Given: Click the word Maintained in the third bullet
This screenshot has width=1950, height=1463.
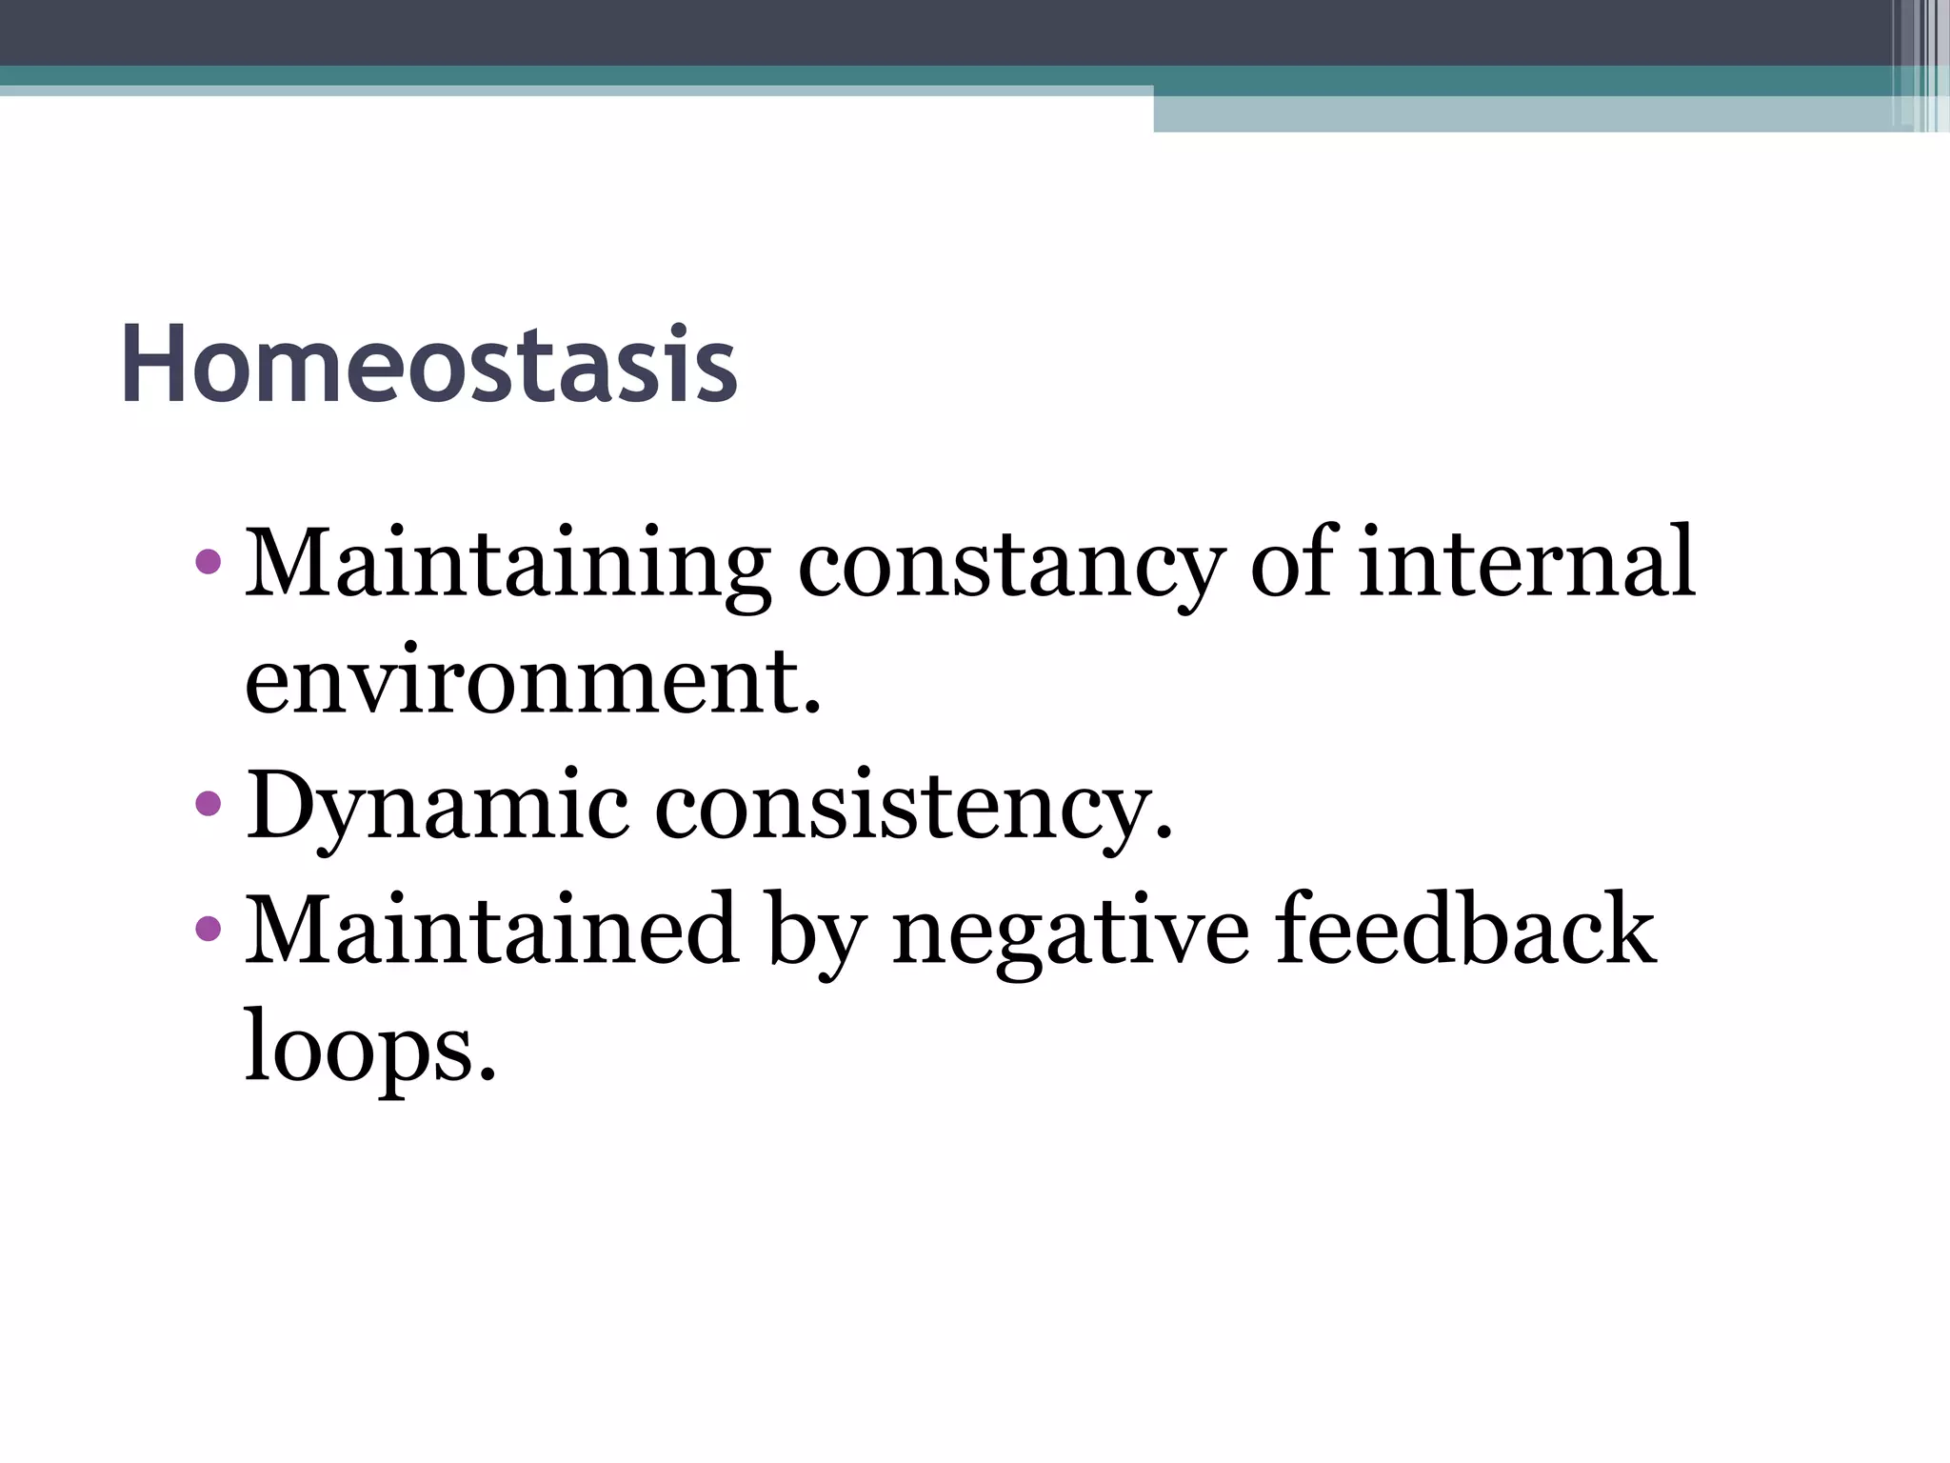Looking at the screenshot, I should pyautogui.click(x=491, y=930).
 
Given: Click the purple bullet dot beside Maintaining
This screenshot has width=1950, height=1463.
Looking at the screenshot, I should pyautogui.click(x=207, y=563).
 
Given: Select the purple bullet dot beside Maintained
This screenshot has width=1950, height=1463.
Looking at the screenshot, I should pyautogui.click(x=207, y=927).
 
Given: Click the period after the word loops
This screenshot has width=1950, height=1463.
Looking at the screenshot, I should pyautogui.click(x=487, y=1073).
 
